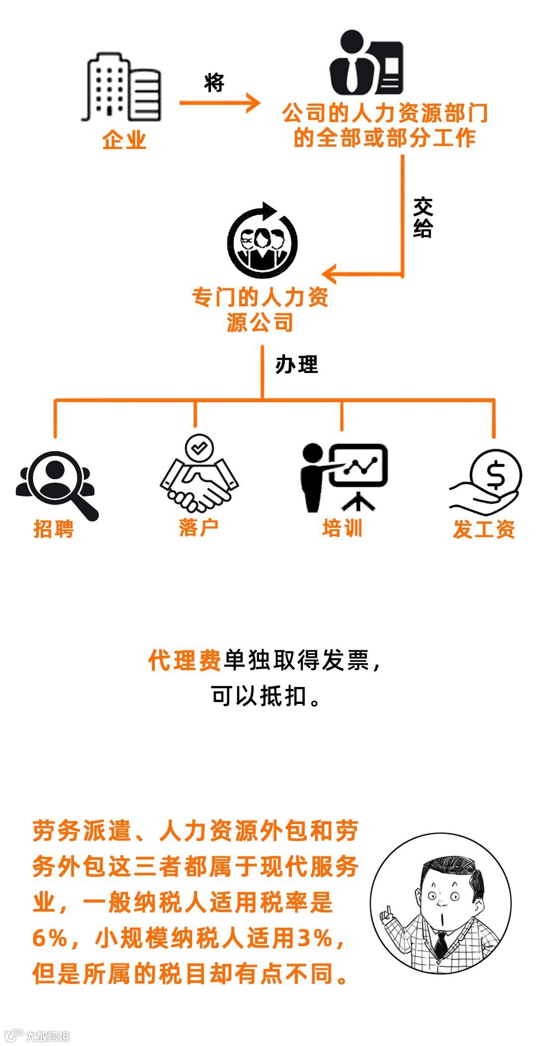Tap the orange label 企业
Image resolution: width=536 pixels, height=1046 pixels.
click(x=124, y=140)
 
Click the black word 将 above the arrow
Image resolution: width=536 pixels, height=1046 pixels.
click(x=214, y=82)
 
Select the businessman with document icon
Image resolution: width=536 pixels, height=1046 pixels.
click(x=367, y=63)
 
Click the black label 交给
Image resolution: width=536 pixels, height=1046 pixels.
click(x=423, y=218)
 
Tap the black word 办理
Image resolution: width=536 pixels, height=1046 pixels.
click(x=296, y=365)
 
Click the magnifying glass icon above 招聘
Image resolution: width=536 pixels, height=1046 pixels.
click(x=57, y=484)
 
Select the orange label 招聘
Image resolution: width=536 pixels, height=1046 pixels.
click(x=54, y=528)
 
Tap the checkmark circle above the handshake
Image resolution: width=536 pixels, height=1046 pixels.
click(x=199, y=448)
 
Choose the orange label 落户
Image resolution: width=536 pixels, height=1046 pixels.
click(x=199, y=527)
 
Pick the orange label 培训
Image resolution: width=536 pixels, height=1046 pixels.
click(x=342, y=528)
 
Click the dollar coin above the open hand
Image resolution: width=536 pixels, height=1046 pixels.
click(x=495, y=474)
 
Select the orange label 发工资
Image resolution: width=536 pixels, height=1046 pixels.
click(x=484, y=529)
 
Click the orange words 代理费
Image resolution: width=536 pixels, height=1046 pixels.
click(x=185, y=660)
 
